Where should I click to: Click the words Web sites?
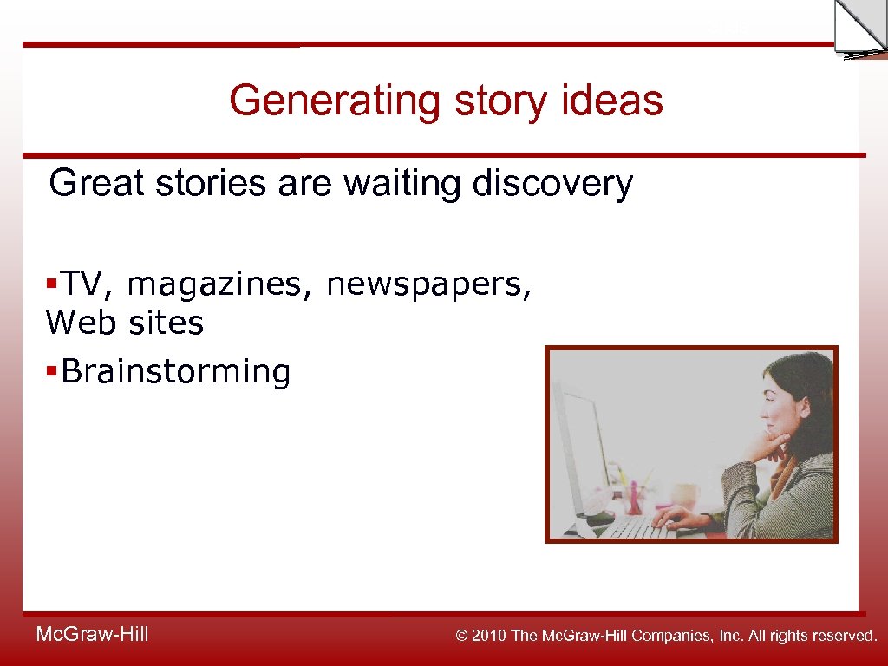(x=124, y=323)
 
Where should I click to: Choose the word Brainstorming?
(x=176, y=371)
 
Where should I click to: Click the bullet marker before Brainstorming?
(x=52, y=371)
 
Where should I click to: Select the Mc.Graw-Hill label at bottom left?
(x=92, y=635)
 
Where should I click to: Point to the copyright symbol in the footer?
(x=461, y=636)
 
